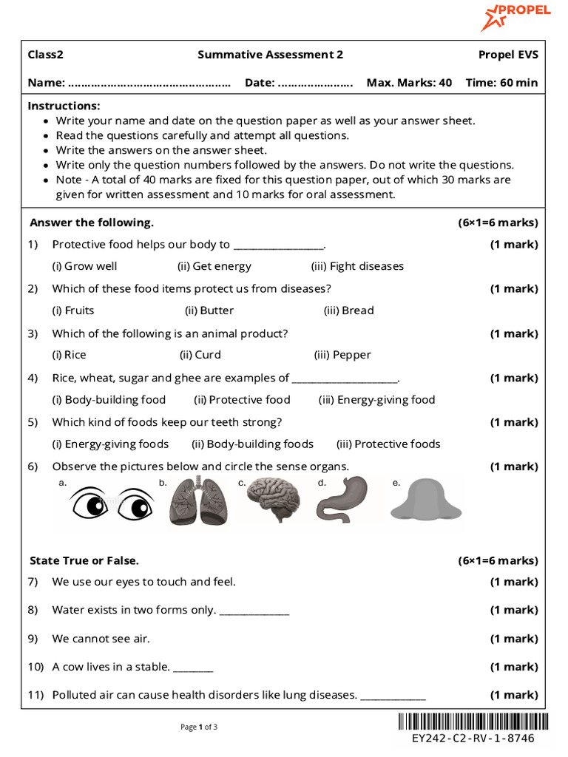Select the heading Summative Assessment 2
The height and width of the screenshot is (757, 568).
point(270,55)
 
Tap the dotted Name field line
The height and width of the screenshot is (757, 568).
point(149,84)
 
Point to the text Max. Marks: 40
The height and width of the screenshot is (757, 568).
point(409,83)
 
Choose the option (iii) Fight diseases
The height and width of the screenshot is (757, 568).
point(357,266)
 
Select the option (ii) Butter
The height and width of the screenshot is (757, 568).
point(209,310)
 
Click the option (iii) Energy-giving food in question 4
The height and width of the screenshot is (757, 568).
point(376,400)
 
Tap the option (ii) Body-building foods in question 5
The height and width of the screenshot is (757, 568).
point(252,444)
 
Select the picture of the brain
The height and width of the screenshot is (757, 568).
point(273,501)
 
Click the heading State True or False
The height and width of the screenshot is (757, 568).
point(84,561)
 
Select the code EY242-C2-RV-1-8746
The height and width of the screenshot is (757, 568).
point(473,739)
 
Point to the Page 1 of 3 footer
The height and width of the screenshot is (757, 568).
point(199,727)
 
